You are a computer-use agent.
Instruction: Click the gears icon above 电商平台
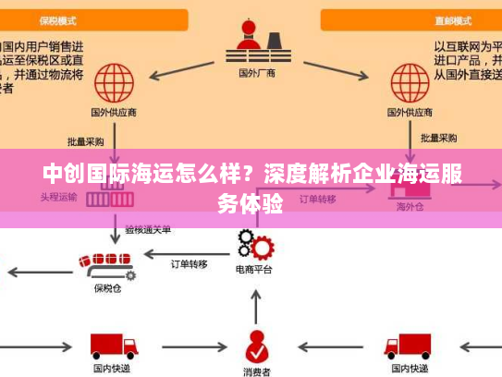click(x=255, y=245)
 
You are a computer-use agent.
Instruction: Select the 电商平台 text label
click(x=254, y=271)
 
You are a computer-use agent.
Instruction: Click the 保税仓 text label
click(x=107, y=288)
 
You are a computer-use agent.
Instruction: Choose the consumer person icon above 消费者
click(x=256, y=346)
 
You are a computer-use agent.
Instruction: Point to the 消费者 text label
click(x=256, y=371)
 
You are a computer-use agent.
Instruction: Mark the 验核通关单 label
click(x=148, y=228)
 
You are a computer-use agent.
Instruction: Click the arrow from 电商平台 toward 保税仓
click(x=185, y=249)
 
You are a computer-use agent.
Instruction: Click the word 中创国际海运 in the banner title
click(x=92, y=174)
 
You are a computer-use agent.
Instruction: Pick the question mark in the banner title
click(x=249, y=174)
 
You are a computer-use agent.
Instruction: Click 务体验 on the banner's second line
click(x=251, y=203)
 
